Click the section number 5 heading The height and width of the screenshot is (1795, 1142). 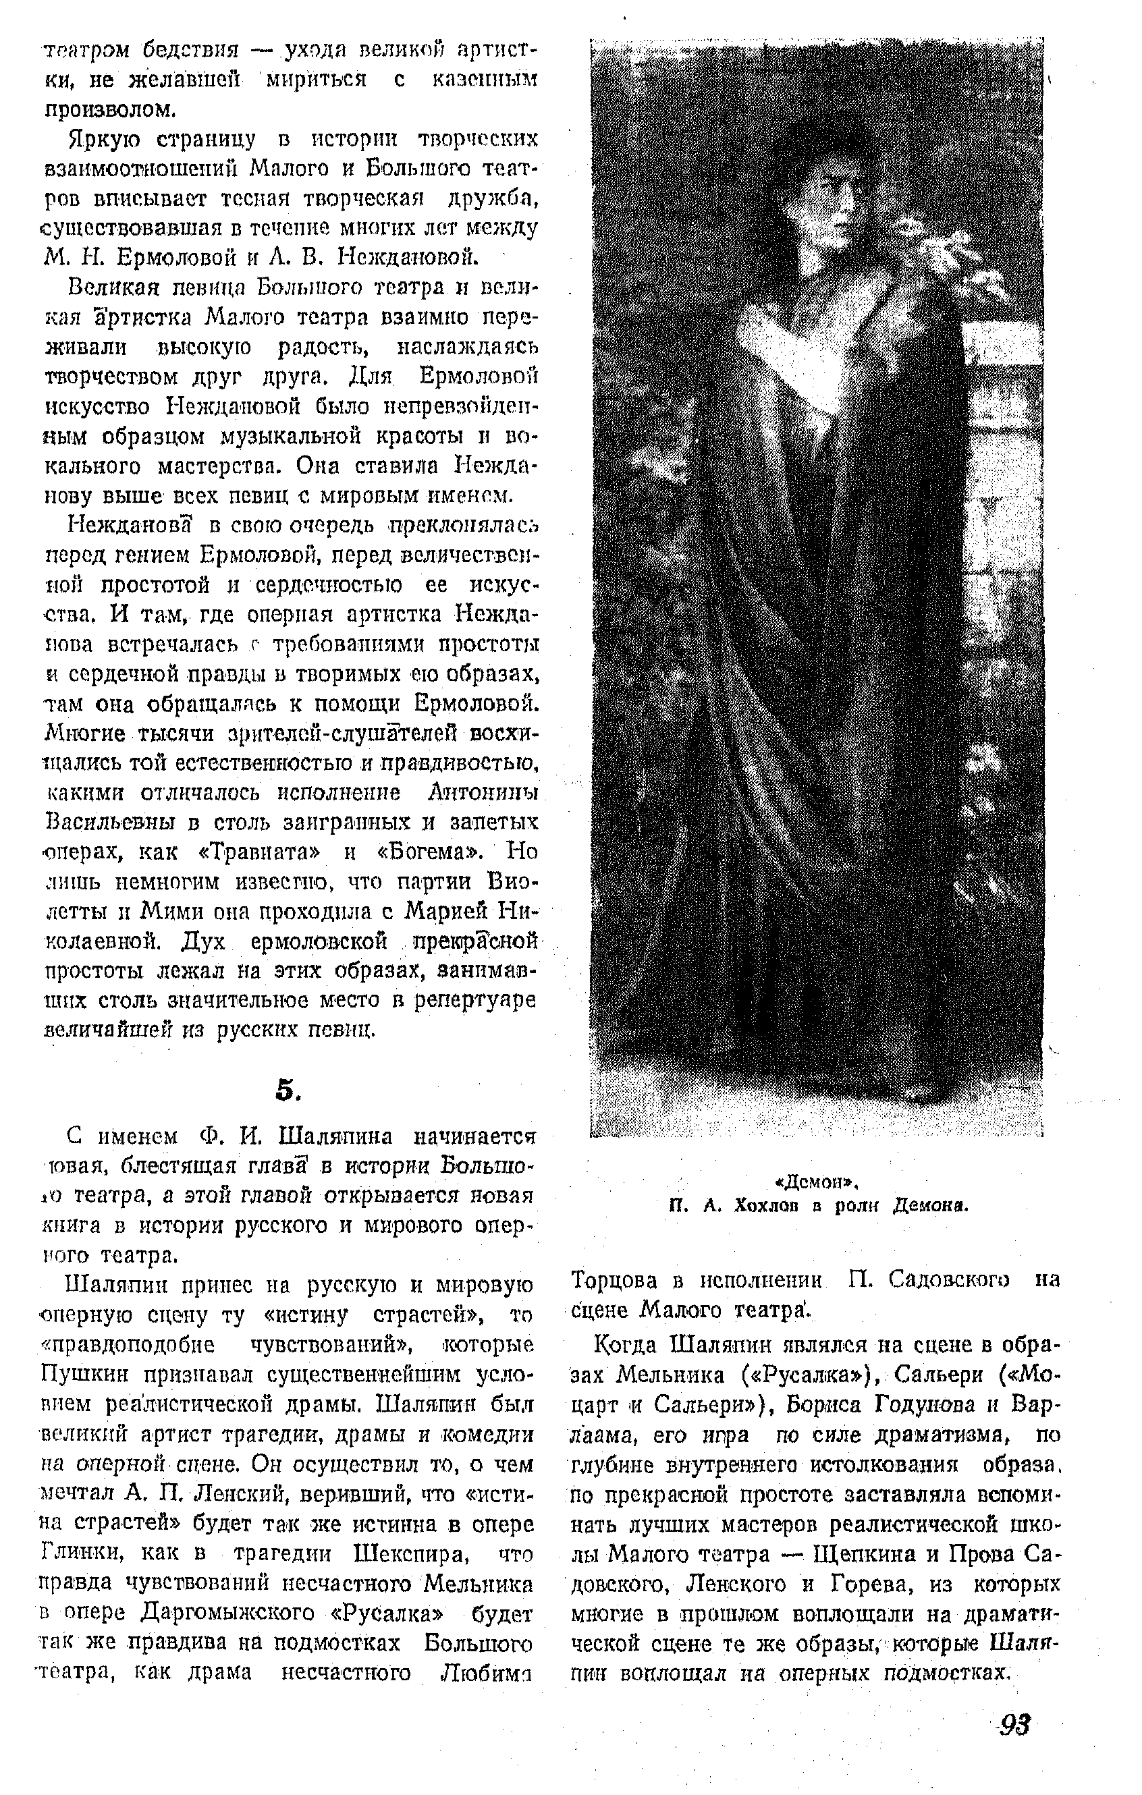[287, 1089]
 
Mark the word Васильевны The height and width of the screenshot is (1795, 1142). [110, 822]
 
